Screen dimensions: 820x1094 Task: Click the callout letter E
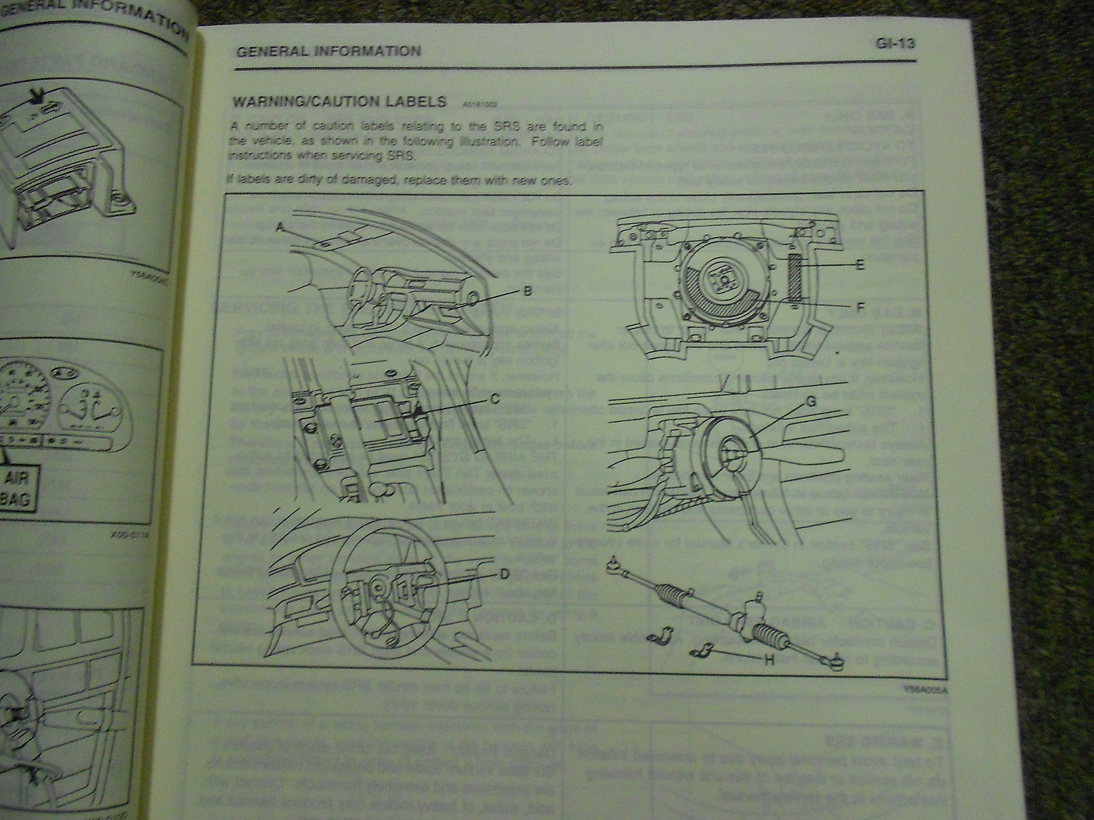point(860,263)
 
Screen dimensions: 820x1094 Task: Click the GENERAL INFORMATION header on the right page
point(328,51)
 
